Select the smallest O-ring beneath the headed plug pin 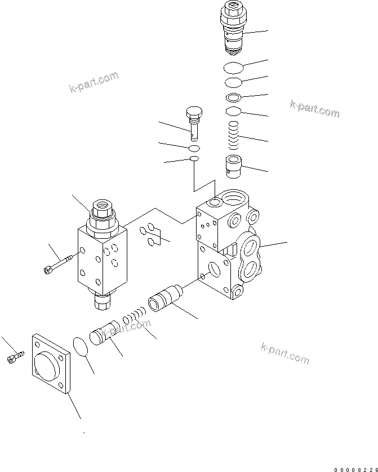click(x=194, y=160)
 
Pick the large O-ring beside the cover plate click(x=82, y=346)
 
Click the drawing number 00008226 click(x=355, y=469)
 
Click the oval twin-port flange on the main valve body click(x=249, y=259)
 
